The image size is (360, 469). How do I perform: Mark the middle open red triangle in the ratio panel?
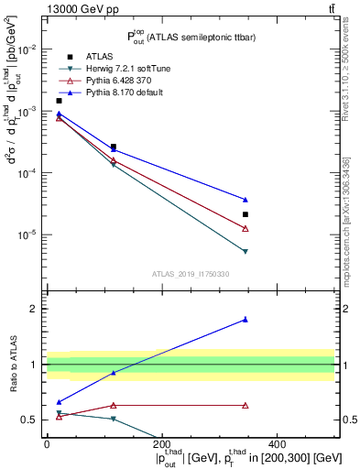[x=114, y=405]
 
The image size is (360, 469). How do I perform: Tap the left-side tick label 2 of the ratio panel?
[x=36, y=309]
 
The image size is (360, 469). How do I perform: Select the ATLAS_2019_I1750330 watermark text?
[x=190, y=274]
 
